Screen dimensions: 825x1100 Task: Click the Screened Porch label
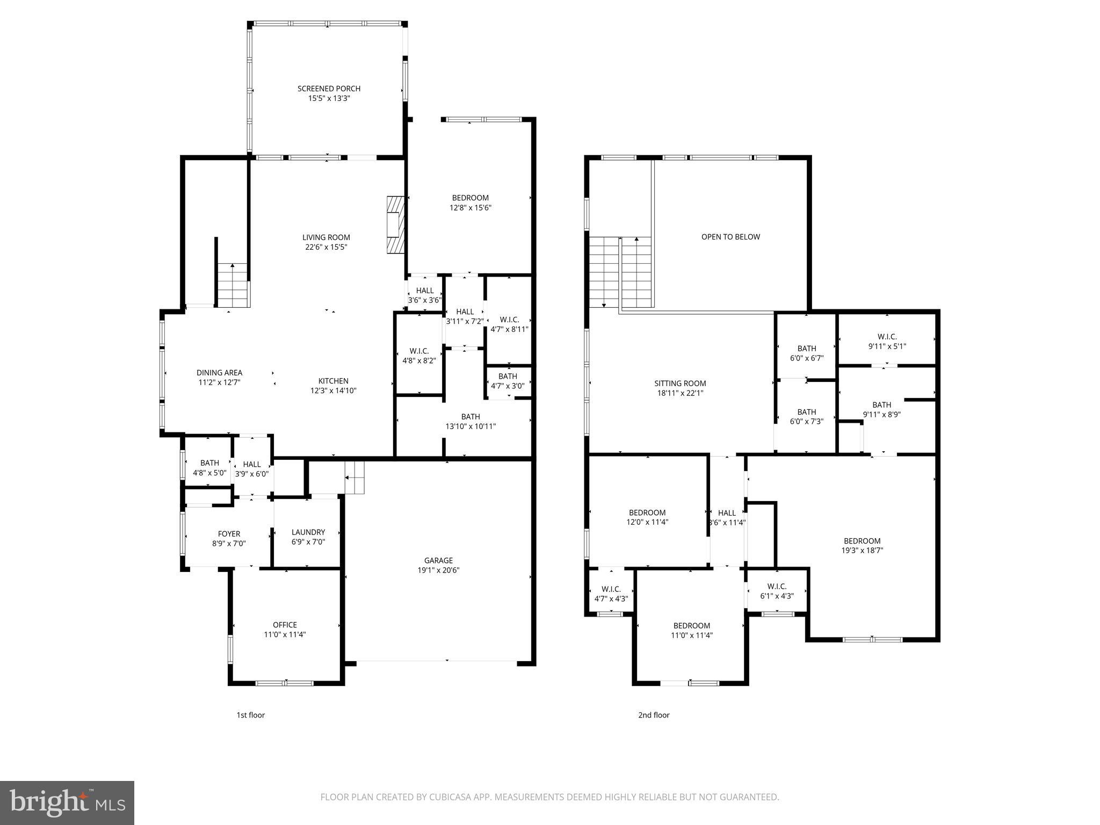(x=329, y=89)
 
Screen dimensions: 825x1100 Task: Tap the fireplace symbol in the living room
(x=394, y=224)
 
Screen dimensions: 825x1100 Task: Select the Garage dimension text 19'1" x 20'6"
(x=438, y=570)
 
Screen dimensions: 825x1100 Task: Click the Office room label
(x=285, y=625)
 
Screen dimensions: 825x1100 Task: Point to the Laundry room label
(x=308, y=532)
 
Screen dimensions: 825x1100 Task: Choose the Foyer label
(x=229, y=534)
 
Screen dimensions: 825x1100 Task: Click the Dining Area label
(x=219, y=373)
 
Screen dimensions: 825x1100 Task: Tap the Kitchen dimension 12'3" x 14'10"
(x=333, y=391)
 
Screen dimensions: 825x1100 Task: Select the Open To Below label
(x=730, y=237)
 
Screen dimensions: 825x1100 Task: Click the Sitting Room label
(x=680, y=383)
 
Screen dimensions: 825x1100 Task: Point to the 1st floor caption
(x=251, y=715)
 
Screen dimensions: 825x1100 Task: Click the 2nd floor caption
(x=654, y=715)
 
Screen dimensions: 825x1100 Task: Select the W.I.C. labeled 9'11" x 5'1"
(x=887, y=337)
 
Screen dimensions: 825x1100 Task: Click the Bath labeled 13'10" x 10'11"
(x=471, y=417)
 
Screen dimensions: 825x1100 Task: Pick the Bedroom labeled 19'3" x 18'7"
(x=862, y=541)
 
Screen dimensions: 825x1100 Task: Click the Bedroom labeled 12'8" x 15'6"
(x=471, y=198)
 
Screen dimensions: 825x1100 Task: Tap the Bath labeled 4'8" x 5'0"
(x=209, y=463)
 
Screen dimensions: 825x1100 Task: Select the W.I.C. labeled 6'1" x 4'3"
(x=777, y=587)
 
